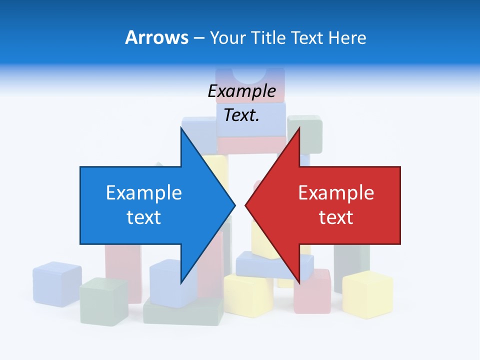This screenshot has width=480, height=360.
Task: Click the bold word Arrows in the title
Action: coord(156,37)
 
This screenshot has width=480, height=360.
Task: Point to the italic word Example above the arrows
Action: coord(241,91)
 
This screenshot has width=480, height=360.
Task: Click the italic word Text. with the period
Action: coord(241,115)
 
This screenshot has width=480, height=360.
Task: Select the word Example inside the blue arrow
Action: coord(144,193)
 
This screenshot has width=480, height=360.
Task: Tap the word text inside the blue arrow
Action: coord(144,217)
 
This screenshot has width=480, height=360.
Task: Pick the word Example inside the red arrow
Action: coord(336,193)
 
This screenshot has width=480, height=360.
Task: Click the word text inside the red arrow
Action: coord(336,217)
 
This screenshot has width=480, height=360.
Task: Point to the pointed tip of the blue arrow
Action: coord(234,205)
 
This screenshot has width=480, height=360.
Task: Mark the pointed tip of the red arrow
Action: coord(246,205)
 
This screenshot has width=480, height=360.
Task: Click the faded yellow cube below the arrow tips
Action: coord(248,295)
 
